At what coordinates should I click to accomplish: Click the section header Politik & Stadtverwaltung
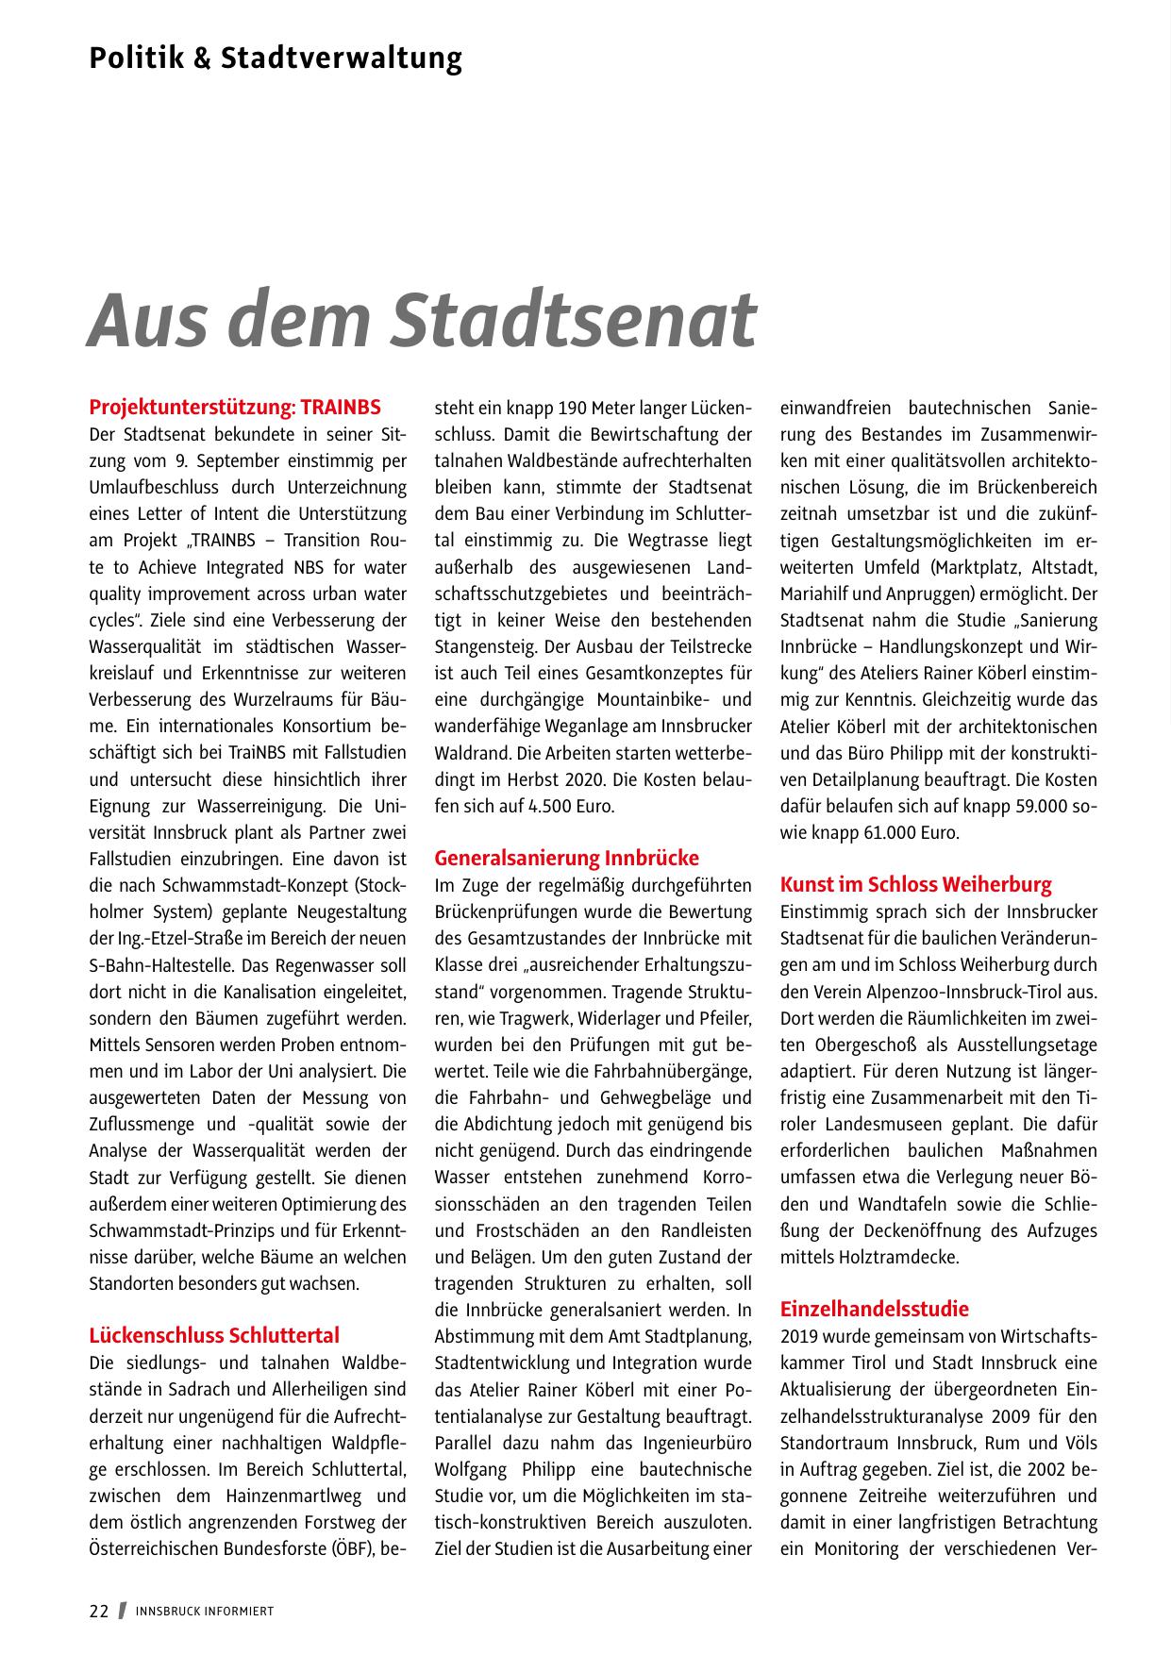(x=276, y=59)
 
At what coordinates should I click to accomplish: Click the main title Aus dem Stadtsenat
(x=422, y=319)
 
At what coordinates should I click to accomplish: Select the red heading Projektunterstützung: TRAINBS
(x=235, y=408)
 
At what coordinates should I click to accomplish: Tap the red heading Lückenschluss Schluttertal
(x=214, y=1335)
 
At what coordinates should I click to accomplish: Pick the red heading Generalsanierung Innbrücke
(x=566, y=858)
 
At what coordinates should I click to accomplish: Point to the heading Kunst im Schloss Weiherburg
(x=915, y=884)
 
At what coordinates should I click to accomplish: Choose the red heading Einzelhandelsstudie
(x=875, y=1309)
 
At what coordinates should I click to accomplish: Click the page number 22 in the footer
(x=99, y=1612)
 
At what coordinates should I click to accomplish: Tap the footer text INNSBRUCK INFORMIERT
(x=205, y=1612)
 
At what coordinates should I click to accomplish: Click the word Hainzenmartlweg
(x=279, y=1496)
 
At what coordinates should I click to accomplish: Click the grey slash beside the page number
(x=122, y=1612)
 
